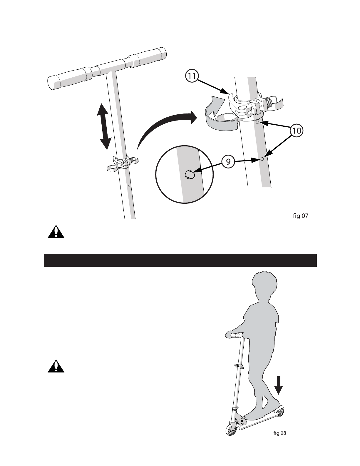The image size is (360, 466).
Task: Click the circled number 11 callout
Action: [192, 76]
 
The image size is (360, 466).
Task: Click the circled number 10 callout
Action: [297, 130]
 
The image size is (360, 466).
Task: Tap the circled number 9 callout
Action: [228, 161]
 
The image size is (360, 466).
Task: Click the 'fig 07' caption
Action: [300, 216]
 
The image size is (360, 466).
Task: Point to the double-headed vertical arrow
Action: [104, 126]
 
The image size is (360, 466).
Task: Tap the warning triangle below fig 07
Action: [56, 232]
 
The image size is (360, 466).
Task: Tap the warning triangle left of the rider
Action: [56, 366]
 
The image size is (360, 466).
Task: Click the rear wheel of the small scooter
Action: [280, 412]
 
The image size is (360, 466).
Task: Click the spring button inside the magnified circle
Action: [190, 175]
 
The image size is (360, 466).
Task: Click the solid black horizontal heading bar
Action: [180, 260]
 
